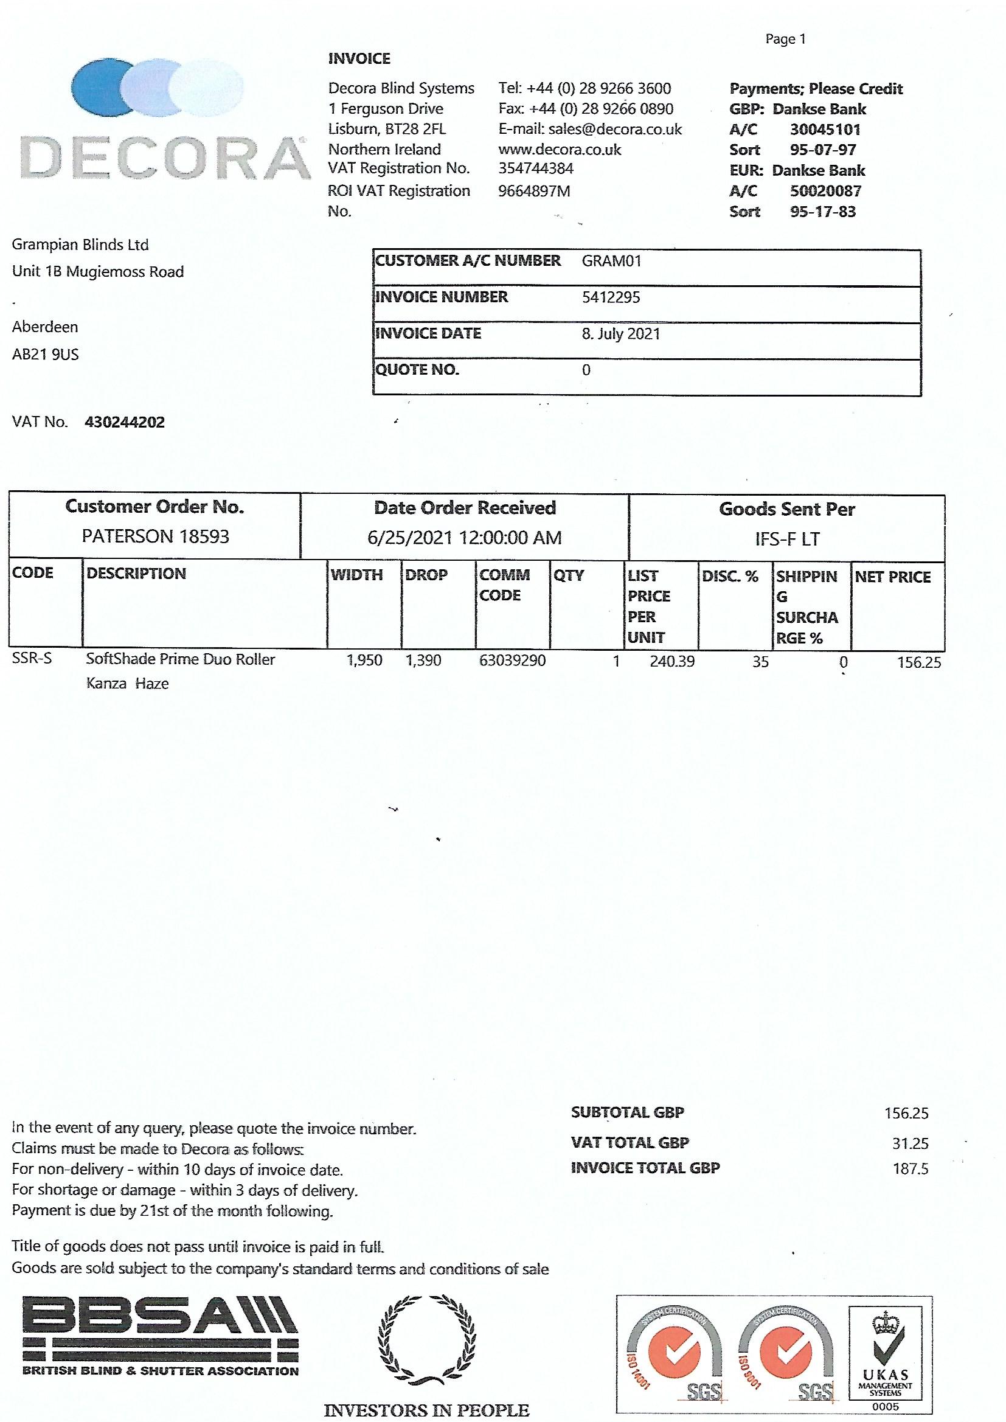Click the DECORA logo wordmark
165,159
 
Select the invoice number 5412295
611,297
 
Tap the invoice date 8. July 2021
621,334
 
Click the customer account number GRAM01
611,261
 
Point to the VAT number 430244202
125,422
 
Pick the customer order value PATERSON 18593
156,536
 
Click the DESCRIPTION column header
136,574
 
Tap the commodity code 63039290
512,661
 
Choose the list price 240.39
672,662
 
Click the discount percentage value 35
760,662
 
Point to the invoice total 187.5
910,1169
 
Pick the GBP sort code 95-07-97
823,150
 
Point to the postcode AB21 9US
45,355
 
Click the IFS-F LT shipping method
786,539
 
